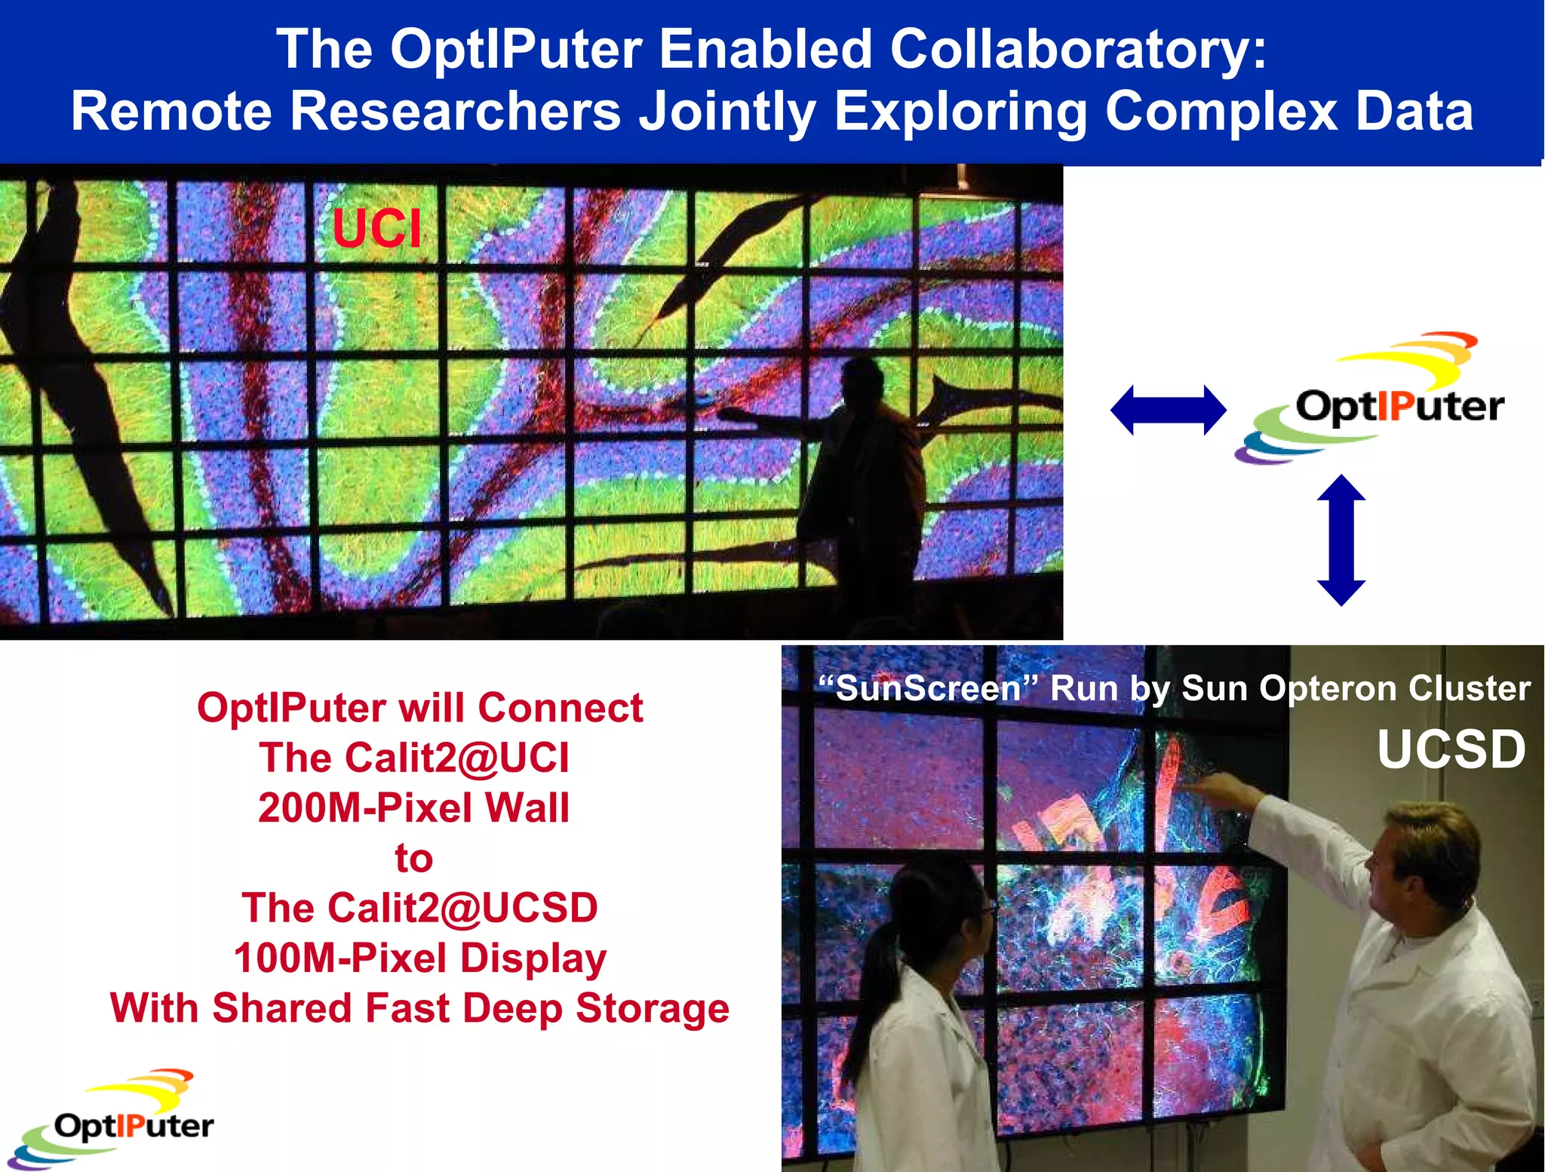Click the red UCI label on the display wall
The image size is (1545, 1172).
coord(376,228)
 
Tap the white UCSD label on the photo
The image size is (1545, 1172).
coord(1451,749)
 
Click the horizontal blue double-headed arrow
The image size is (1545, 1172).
coord(1168,410)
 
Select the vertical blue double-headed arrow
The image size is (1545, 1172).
coord(1341,540)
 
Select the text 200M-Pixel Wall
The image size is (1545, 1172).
coord(413,807)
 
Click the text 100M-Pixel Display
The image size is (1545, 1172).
coord(419,958)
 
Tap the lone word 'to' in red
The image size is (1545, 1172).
coord(413,858)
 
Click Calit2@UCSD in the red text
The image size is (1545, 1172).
coord(462,908)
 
